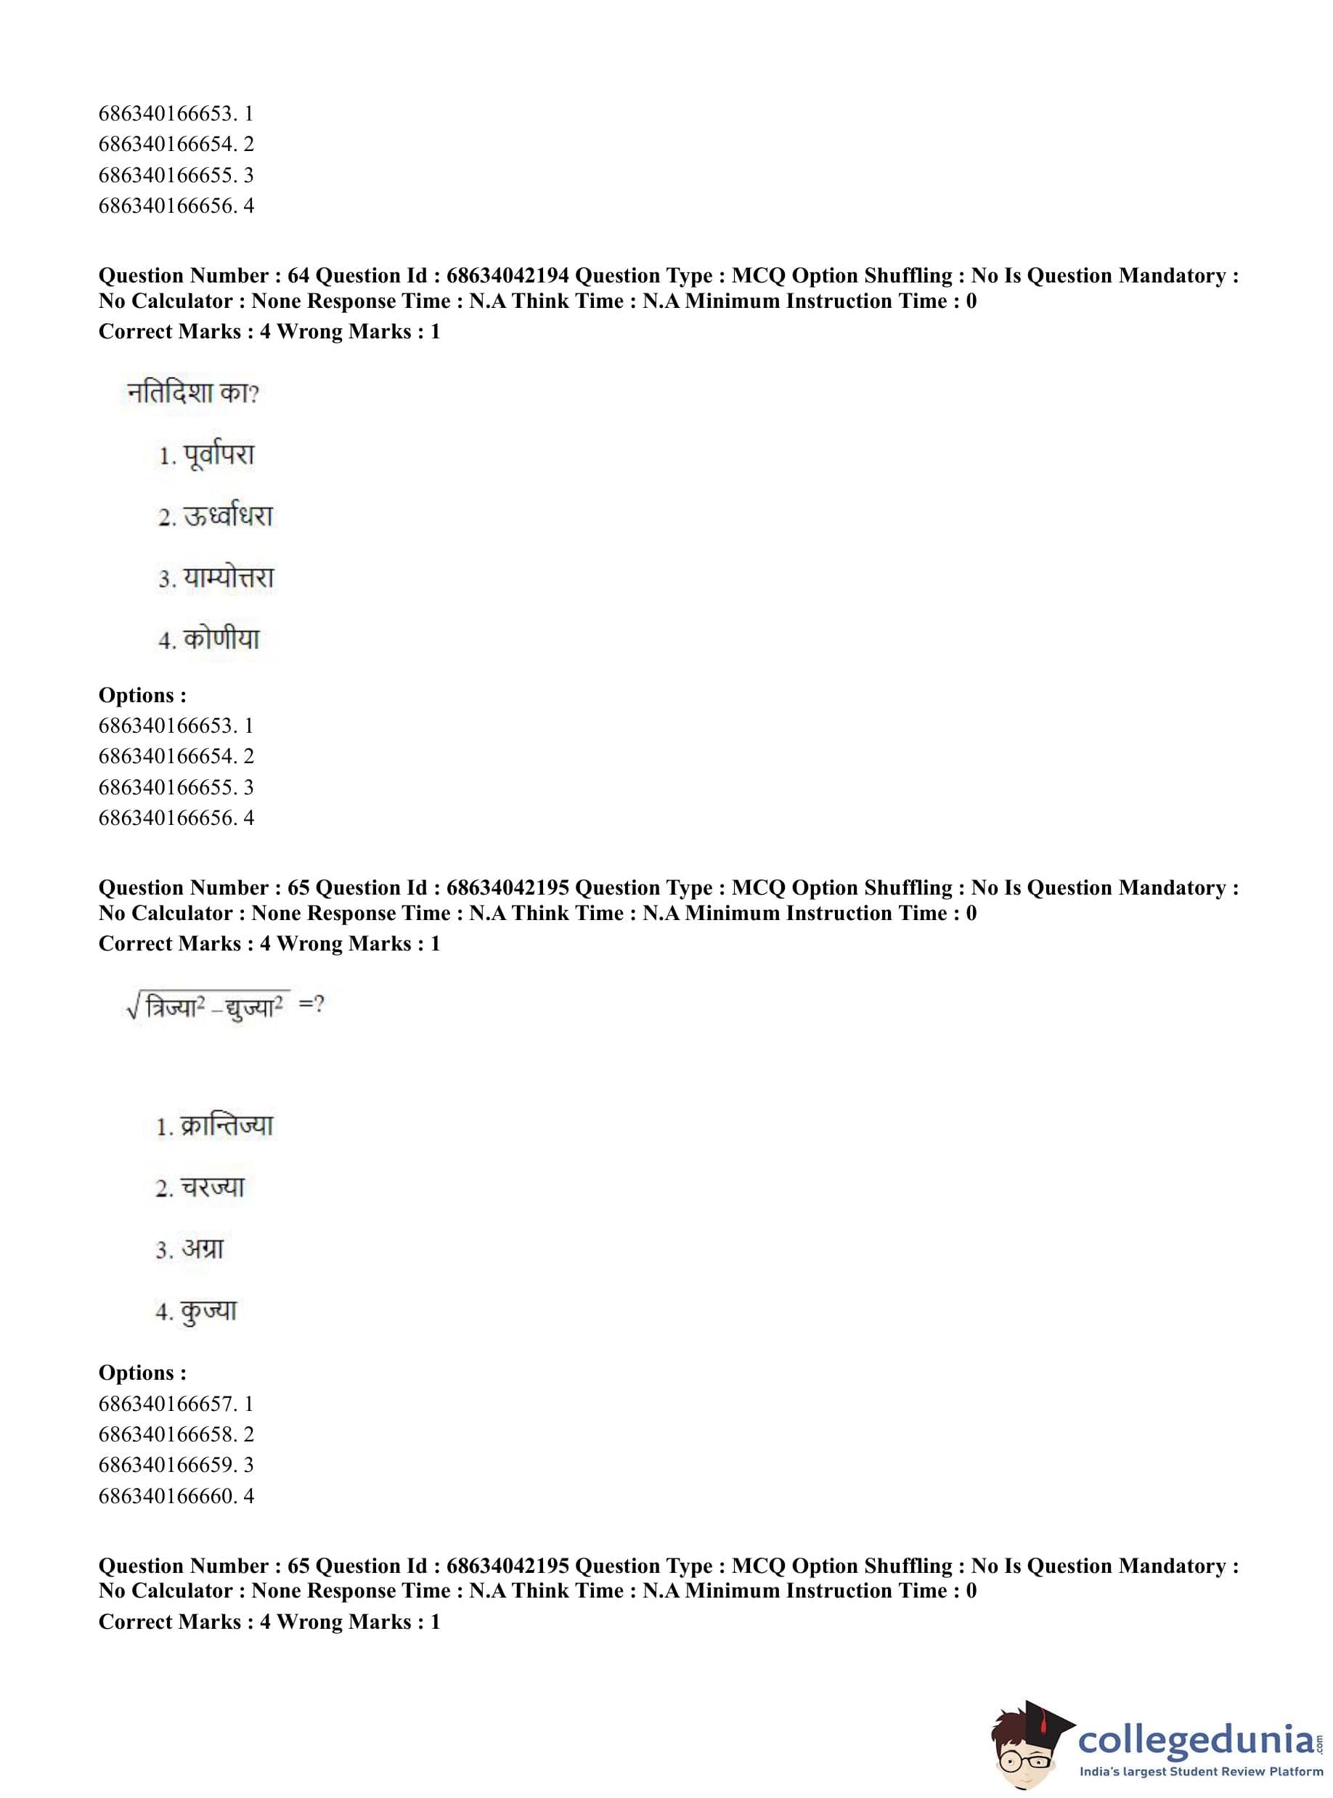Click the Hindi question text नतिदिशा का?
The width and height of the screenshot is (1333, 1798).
[193, 393]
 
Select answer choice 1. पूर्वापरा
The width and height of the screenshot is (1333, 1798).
[207, 455]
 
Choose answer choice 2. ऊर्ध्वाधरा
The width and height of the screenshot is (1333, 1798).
[216, 516]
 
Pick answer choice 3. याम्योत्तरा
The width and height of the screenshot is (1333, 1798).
[216, 578]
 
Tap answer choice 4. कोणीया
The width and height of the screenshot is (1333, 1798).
[209, 639]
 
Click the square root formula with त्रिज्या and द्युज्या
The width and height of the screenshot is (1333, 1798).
[208, 1006]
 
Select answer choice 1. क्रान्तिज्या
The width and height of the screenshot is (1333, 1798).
[215, 1126]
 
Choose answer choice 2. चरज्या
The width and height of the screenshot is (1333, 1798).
[200, 1187]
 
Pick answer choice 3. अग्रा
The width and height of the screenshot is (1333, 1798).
[189, 1249]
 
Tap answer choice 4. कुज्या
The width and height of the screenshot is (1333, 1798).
[196, 1311]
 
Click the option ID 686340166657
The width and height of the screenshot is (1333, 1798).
[167, 1404]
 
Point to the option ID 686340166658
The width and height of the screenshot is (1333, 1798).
[167, 1434]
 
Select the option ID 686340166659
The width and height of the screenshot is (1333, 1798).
[167, 1465]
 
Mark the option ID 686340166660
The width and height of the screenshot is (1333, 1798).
[167, 1495]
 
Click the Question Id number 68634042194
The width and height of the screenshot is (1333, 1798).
[507, 276]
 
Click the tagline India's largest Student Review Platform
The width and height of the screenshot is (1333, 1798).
[1201, 1771]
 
